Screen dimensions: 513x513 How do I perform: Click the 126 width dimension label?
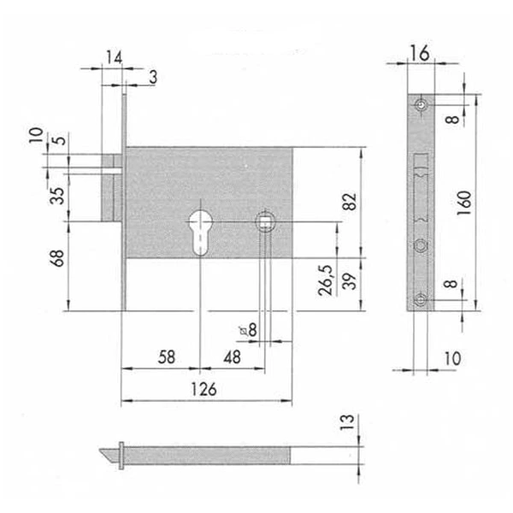click(x=203, y=389)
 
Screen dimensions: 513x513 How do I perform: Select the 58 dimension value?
click(x=167, y=357)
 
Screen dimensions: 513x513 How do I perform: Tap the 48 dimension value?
click(x=232, y=357)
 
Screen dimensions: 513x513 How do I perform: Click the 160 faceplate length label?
click(x=464, y=203)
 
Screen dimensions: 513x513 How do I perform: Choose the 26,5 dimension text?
click(x=326, y=280)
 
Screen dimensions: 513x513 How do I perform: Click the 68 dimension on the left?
click(x=56, y=258)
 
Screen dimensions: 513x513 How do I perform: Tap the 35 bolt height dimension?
click(x=56, y=196)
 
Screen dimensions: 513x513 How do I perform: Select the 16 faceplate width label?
click(x=420, y=53)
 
